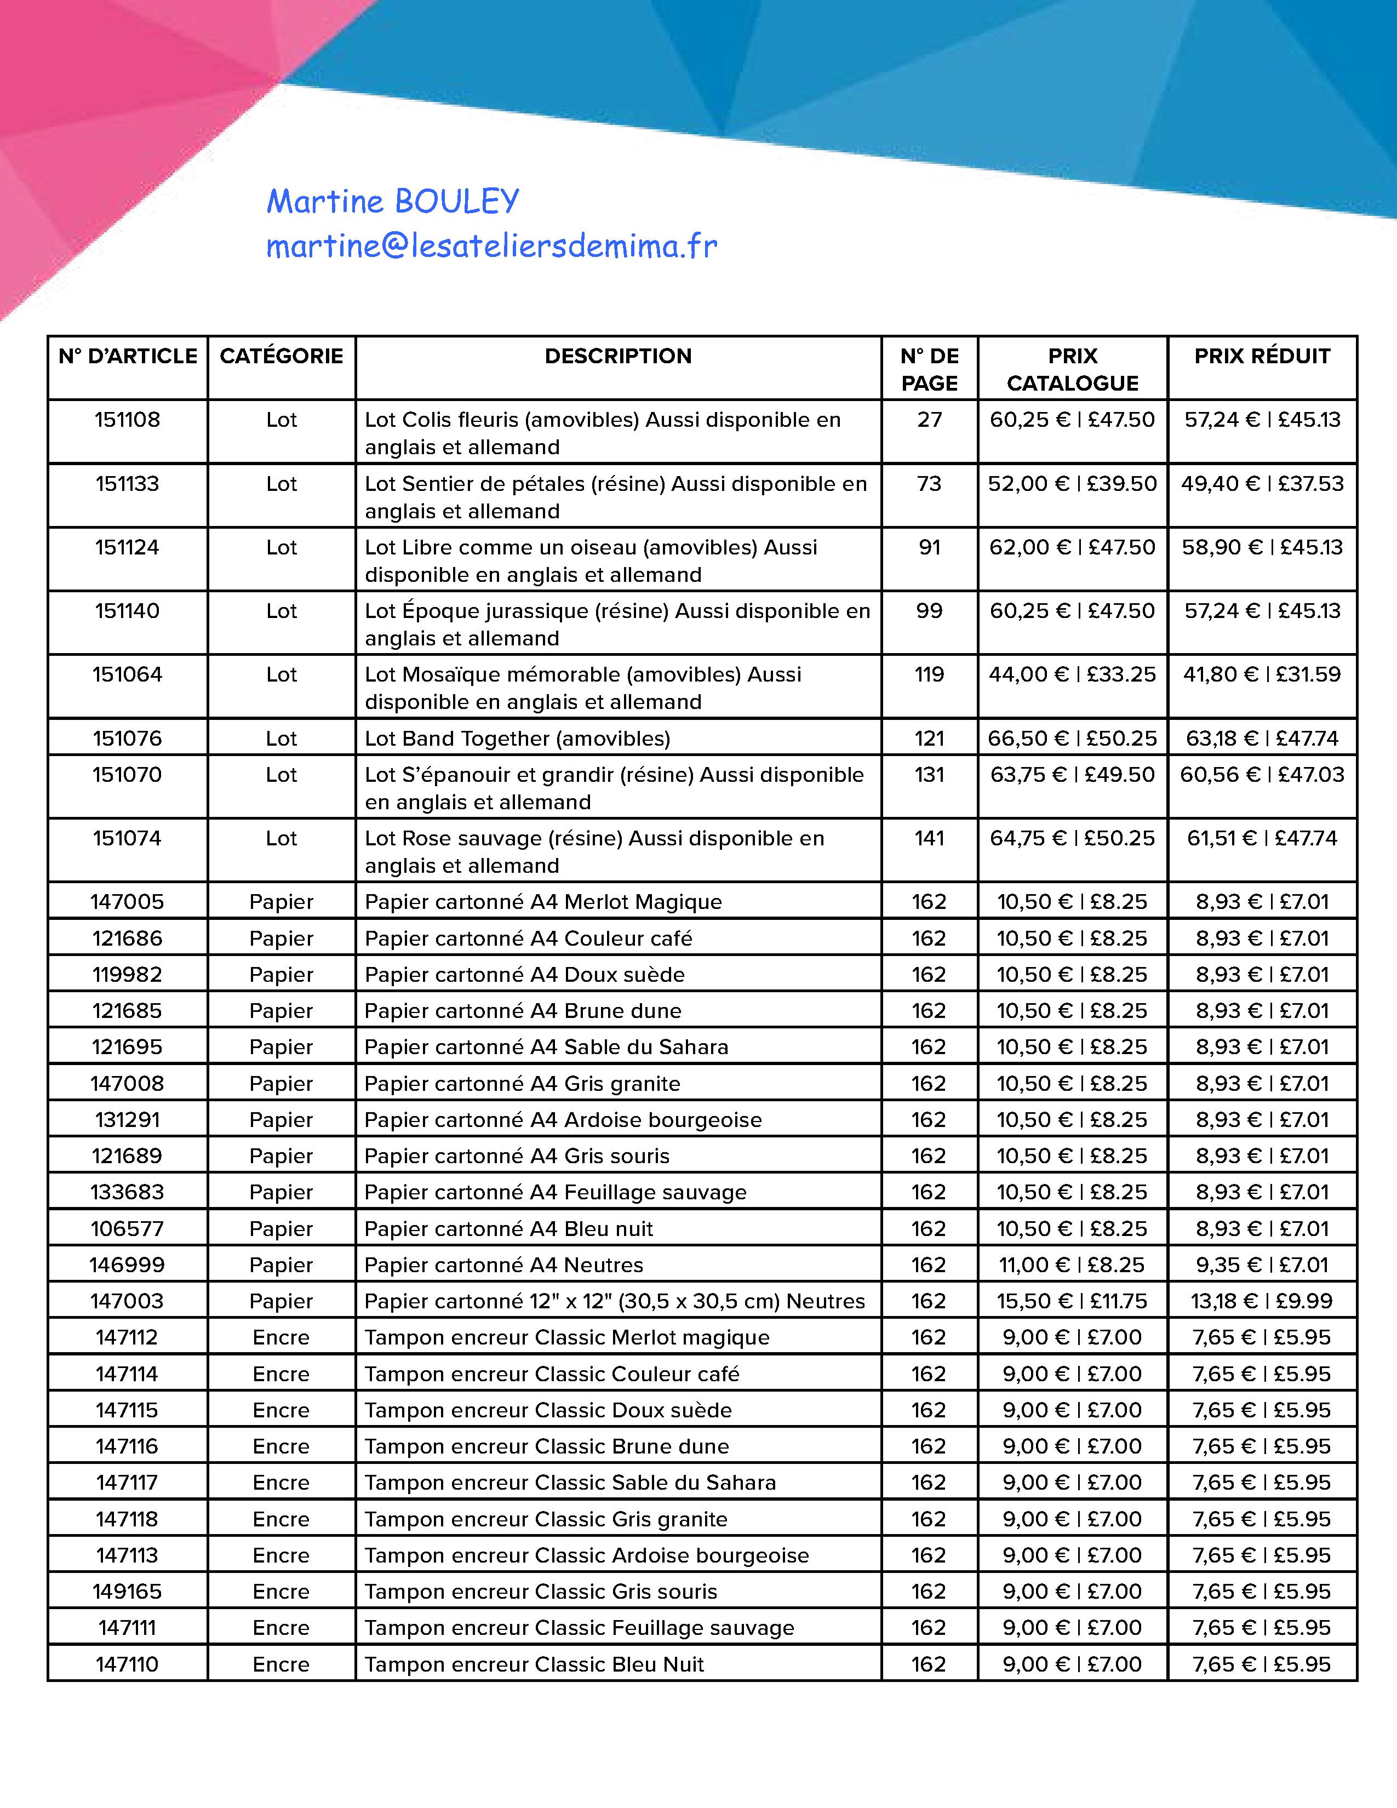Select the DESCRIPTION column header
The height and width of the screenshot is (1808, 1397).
click(x=617, y=356)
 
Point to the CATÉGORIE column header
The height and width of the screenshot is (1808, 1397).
click(x=282, y=356)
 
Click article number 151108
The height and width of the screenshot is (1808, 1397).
click(x=128, y=420)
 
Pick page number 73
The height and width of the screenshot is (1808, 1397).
click(x=929, y=483)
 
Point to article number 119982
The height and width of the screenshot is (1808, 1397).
click(x=128, y=974)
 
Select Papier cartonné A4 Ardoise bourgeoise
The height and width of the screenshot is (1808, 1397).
click(x=563, y=1119)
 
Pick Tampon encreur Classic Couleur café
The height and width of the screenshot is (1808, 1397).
click(x=552, y=1374)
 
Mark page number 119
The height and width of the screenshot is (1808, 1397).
click(x=929, y=674)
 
